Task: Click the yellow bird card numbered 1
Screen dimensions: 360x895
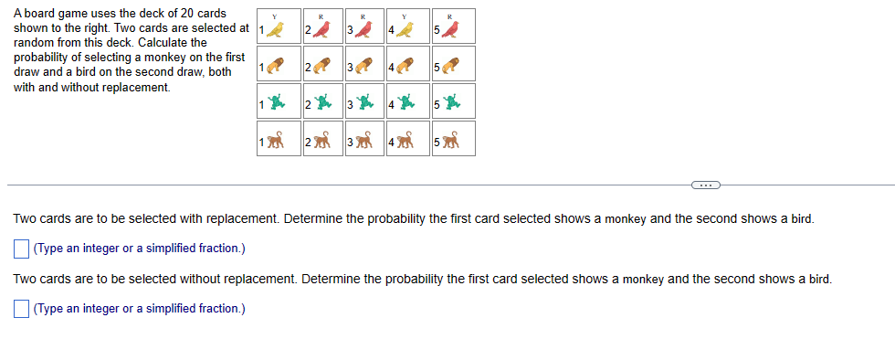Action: (275, 28)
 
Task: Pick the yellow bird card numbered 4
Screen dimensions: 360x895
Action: (408, 28)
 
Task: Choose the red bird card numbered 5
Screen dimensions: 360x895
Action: (453, 28)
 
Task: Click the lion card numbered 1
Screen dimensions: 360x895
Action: (275, 66)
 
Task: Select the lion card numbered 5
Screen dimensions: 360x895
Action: (453, 66)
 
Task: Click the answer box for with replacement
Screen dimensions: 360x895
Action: (21, 249)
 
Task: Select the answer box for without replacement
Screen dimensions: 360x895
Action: (21, 308)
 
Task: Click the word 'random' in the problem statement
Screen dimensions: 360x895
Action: (34, 43)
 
